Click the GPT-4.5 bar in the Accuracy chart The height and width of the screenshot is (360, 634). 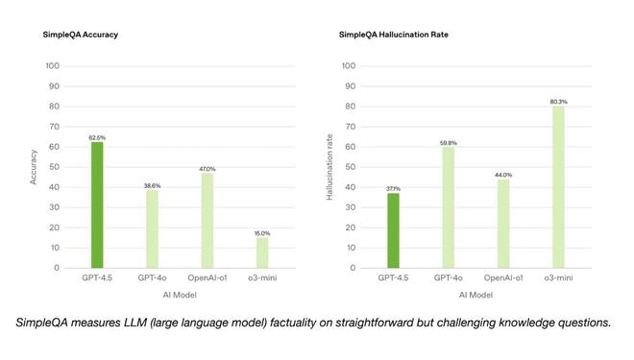97,204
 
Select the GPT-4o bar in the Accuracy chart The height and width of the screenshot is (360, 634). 152,228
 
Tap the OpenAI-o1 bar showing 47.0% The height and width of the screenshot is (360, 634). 207,220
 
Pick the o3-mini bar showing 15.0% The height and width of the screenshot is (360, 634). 262,252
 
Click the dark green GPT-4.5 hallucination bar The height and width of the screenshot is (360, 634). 393,230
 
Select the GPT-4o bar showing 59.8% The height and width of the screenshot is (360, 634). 448,207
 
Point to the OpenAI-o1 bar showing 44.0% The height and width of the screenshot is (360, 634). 503,224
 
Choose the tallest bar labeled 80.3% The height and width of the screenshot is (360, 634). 558,186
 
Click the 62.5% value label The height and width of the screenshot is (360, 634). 97,137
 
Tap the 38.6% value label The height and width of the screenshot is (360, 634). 152,185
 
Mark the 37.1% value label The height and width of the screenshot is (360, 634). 393,188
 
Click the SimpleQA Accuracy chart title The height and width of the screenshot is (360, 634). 81,35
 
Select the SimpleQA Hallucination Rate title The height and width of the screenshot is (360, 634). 393,35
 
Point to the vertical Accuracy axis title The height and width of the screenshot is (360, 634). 34,166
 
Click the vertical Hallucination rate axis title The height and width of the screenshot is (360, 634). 329,166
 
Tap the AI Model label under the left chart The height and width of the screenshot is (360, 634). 180,295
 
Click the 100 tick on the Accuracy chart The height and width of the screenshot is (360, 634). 54,66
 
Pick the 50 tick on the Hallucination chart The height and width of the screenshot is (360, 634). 351,167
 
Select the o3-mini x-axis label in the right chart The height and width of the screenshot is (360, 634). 558,277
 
